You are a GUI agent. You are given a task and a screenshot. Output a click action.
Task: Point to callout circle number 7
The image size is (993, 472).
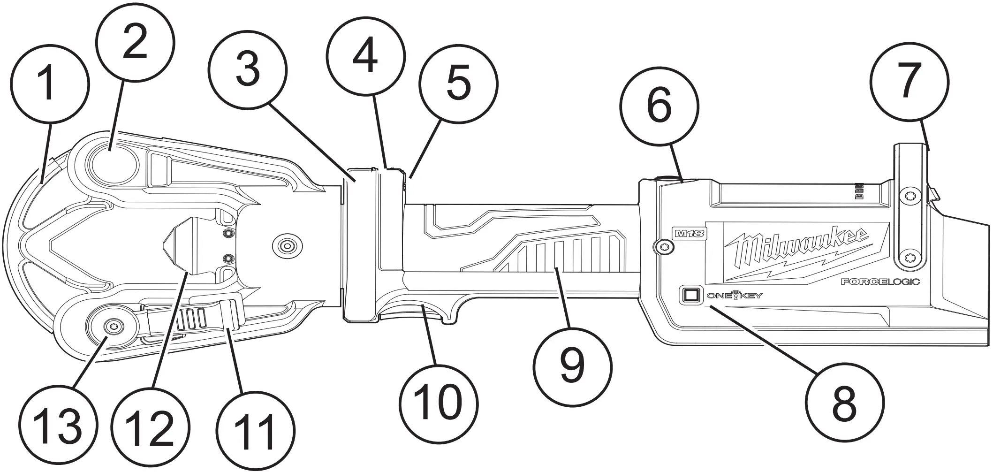pos(909,81)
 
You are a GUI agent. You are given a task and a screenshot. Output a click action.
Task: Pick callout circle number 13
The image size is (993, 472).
pos(59,426)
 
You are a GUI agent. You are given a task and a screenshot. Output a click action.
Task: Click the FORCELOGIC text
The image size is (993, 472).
pos(880,282)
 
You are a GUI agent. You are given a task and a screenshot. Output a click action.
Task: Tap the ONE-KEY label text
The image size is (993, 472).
pos(735,296)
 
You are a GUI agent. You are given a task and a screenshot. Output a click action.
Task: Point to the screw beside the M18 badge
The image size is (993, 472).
pos(663,246)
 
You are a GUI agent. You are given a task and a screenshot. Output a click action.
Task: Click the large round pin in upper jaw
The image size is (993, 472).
pos(114,163)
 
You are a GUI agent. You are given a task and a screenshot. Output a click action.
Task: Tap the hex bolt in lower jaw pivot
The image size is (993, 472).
pos(112,327)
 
